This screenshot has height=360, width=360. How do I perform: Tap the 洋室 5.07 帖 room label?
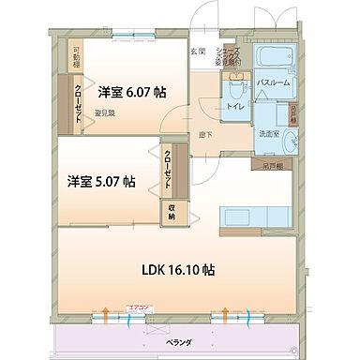click(100, 181)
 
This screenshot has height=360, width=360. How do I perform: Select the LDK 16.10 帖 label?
click(179, 270)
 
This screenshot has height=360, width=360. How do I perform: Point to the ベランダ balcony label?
click(179, 343)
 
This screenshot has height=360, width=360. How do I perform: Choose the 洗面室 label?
click(269, 134)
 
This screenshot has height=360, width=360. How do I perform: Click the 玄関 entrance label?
click(198, 52)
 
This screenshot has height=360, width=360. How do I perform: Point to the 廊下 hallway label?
click(204, 135)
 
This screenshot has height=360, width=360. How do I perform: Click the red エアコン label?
click(140, 307)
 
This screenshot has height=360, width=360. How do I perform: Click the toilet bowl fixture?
click(232, 89)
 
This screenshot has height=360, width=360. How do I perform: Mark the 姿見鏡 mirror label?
click(104, 113)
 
